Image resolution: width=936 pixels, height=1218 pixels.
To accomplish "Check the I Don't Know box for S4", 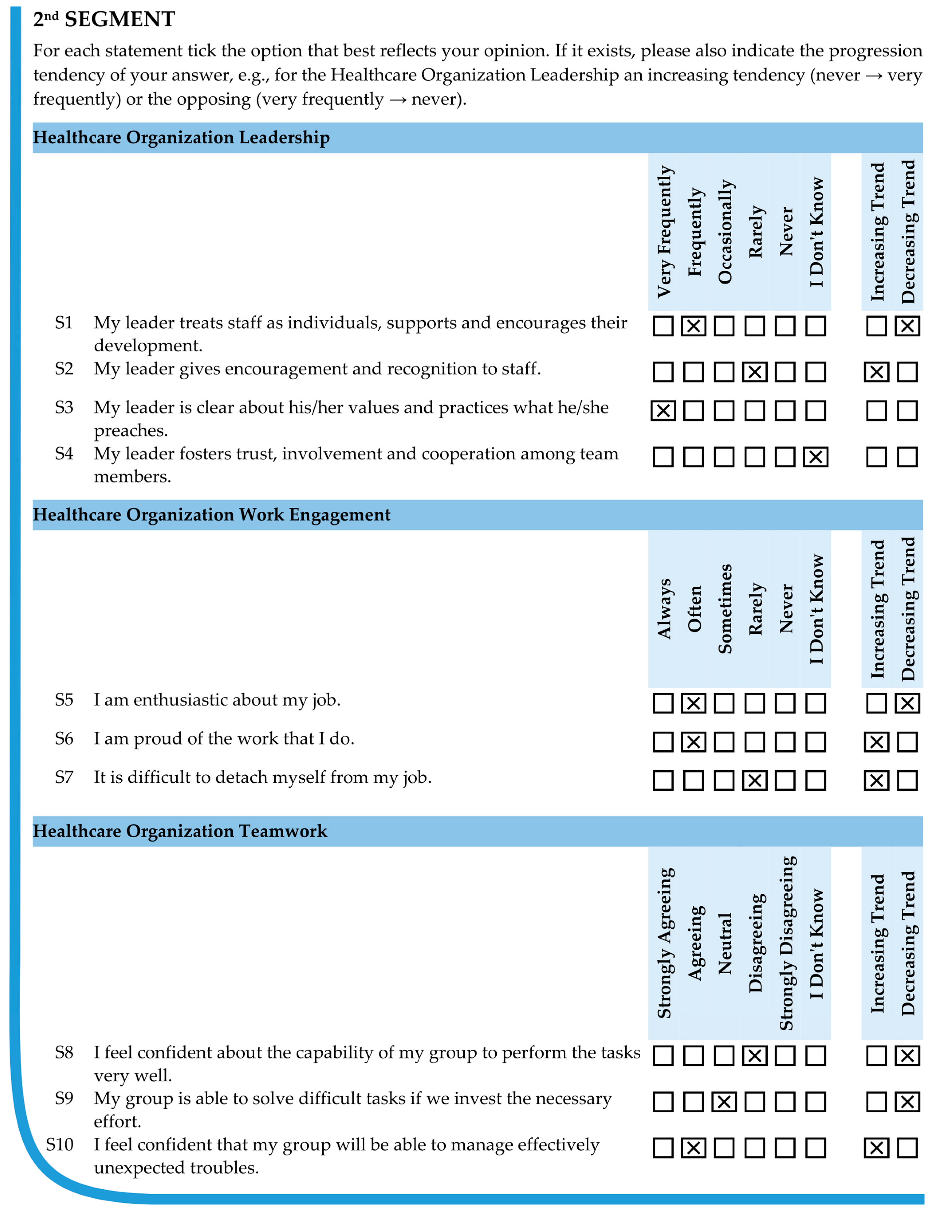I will pyautogui.click(x=816, y=457).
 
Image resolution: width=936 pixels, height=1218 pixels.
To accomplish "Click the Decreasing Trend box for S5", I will pyautogui.click(x=907, y=703).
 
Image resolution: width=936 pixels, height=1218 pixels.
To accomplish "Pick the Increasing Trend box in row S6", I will pyautogui.click(x=876, y=742).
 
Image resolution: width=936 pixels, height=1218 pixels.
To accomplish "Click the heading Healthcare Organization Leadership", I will pyautogui.click(x=181, y=138).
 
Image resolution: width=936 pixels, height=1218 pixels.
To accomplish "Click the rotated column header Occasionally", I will pyautogui.click(x=724, y=231).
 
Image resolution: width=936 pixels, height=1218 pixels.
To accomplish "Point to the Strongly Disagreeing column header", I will pyautogui.click(x=786, y=943).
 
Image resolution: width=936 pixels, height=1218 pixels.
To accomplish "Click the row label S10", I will pyautogui.click(x=60, y=1144).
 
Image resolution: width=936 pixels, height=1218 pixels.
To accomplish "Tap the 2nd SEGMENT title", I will pyautogui.click(x=104, y=20).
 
